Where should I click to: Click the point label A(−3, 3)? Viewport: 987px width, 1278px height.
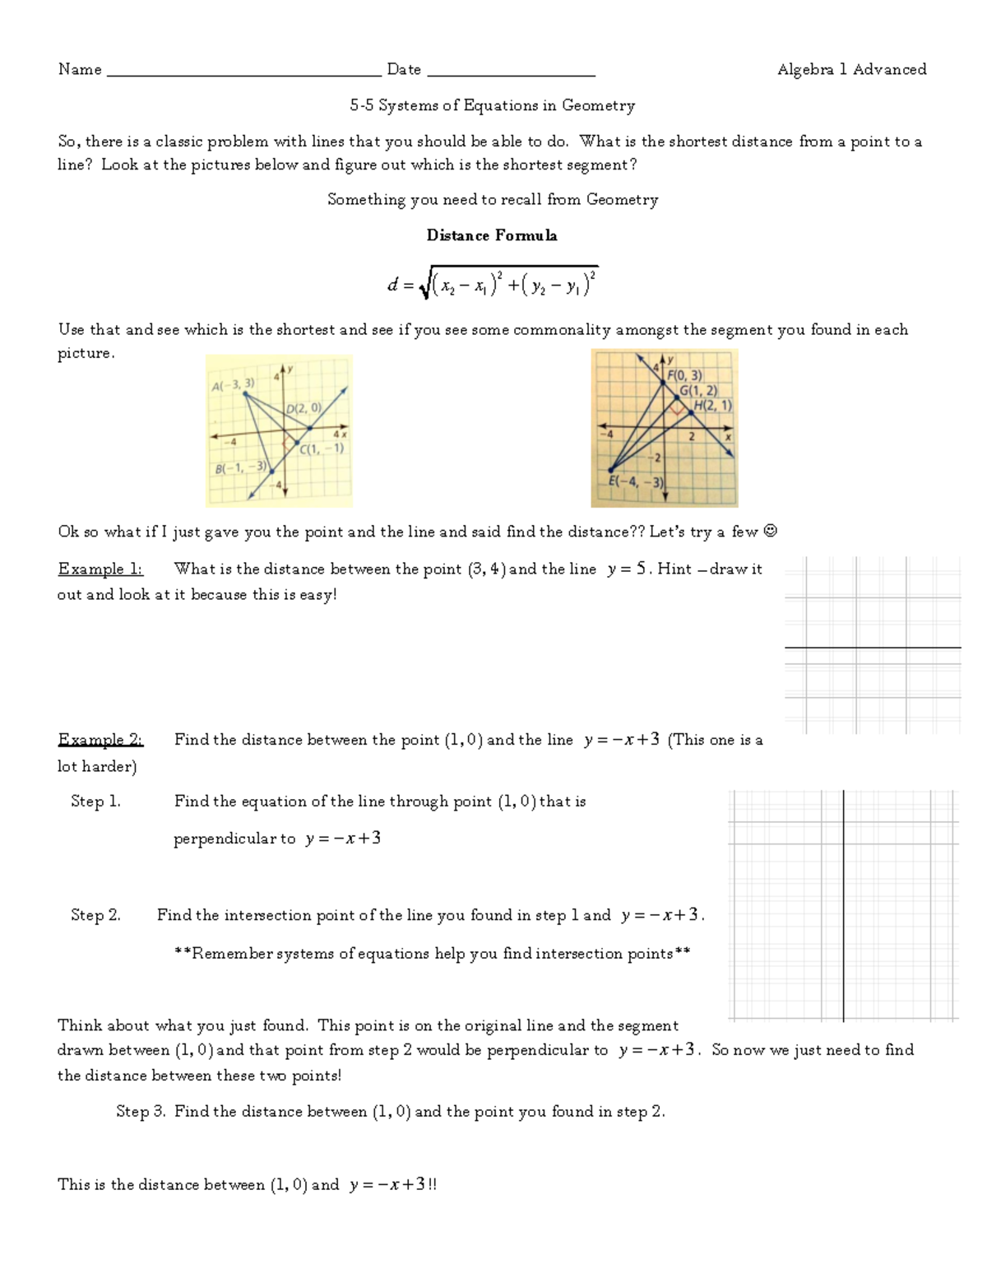tap(234, 384)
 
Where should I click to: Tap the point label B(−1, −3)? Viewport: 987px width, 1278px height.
tap(240, 468)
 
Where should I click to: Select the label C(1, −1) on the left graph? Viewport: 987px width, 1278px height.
tap(322, 449)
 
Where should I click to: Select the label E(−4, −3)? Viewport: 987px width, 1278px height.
tap(636, 482)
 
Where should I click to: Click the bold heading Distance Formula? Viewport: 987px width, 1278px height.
tap(492, 235)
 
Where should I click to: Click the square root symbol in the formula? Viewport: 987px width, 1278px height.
tap(424, 286)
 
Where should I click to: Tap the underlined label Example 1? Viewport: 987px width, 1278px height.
tap(100, 569)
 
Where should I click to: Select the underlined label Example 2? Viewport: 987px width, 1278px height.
tap(100, 740)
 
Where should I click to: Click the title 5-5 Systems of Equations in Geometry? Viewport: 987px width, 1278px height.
tap(492, 105)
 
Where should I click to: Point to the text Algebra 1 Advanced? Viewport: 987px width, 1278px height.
tap(851, 69)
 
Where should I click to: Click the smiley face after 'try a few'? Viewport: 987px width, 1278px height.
tap(770, 532)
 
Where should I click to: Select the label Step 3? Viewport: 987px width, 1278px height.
tap(141, 1112)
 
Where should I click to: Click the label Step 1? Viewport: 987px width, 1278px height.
tap(95, 802)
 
